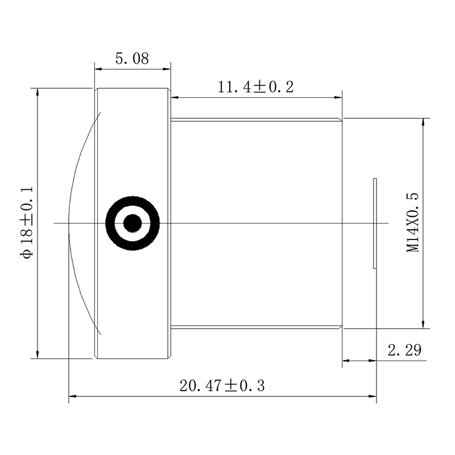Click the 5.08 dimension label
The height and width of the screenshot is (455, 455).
point(132,59)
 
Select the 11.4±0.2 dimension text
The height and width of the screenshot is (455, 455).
point(255,87)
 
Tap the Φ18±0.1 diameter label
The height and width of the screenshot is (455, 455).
point(26,222)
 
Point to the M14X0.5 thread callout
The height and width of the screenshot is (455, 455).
point(413,222)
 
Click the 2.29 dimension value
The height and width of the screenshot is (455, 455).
point(404,350)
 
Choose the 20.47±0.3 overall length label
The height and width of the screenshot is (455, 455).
point(222,386)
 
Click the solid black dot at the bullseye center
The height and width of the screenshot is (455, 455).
point(133,223)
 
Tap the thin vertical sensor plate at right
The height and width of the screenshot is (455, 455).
point(375,223)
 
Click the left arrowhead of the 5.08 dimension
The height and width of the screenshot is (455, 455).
point(98,69)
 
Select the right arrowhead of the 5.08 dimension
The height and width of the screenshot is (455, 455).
point(167,69)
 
